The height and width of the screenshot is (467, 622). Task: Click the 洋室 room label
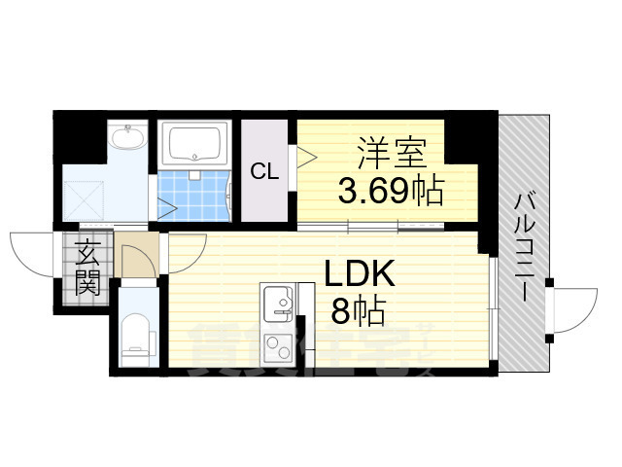(x=387, y=153)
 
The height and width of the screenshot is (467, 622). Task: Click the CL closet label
(x=264, y=172)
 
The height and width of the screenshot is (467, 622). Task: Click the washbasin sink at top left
(x=126, y=140)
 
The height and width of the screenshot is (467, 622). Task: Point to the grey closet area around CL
(x=264, y=199)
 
